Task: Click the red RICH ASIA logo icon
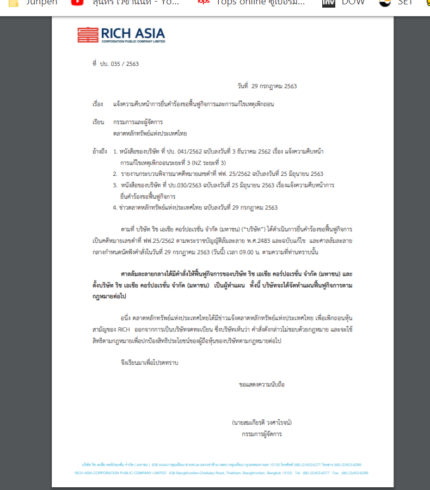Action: coord(88,35)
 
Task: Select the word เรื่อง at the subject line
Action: coord(98,103)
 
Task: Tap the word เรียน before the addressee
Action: coord(98,122)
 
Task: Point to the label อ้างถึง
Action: coord(100,150)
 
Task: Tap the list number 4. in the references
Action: coord(115,207)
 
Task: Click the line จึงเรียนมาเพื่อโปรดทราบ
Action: coord(149,362)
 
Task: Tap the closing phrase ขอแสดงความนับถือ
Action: coord(261,384)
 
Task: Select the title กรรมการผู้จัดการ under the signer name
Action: coord(262,434)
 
